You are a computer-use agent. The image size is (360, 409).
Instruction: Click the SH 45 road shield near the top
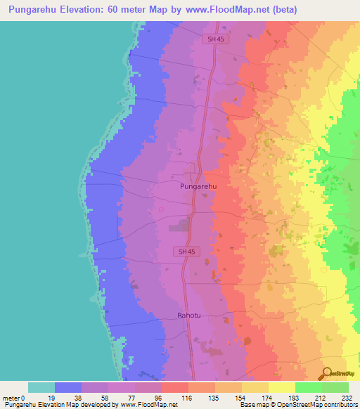215,39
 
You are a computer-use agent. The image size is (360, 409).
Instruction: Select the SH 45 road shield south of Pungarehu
184,252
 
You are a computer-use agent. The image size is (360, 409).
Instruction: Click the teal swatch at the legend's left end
41,387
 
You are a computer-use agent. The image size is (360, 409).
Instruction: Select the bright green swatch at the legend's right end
335,387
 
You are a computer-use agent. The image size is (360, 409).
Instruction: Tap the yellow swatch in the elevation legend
282,387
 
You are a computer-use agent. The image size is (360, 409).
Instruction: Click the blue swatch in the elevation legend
68,387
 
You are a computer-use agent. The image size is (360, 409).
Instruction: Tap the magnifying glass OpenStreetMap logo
326,375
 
